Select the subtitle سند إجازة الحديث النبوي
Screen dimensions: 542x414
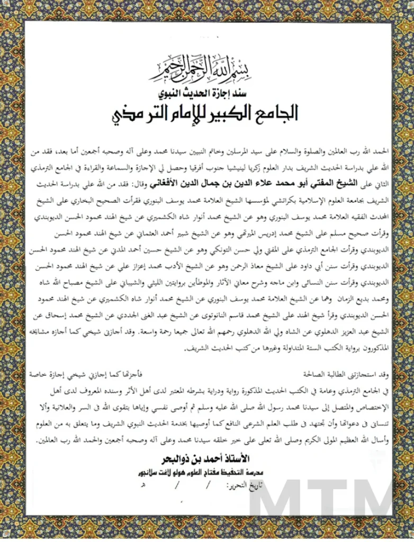coord(207,94)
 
